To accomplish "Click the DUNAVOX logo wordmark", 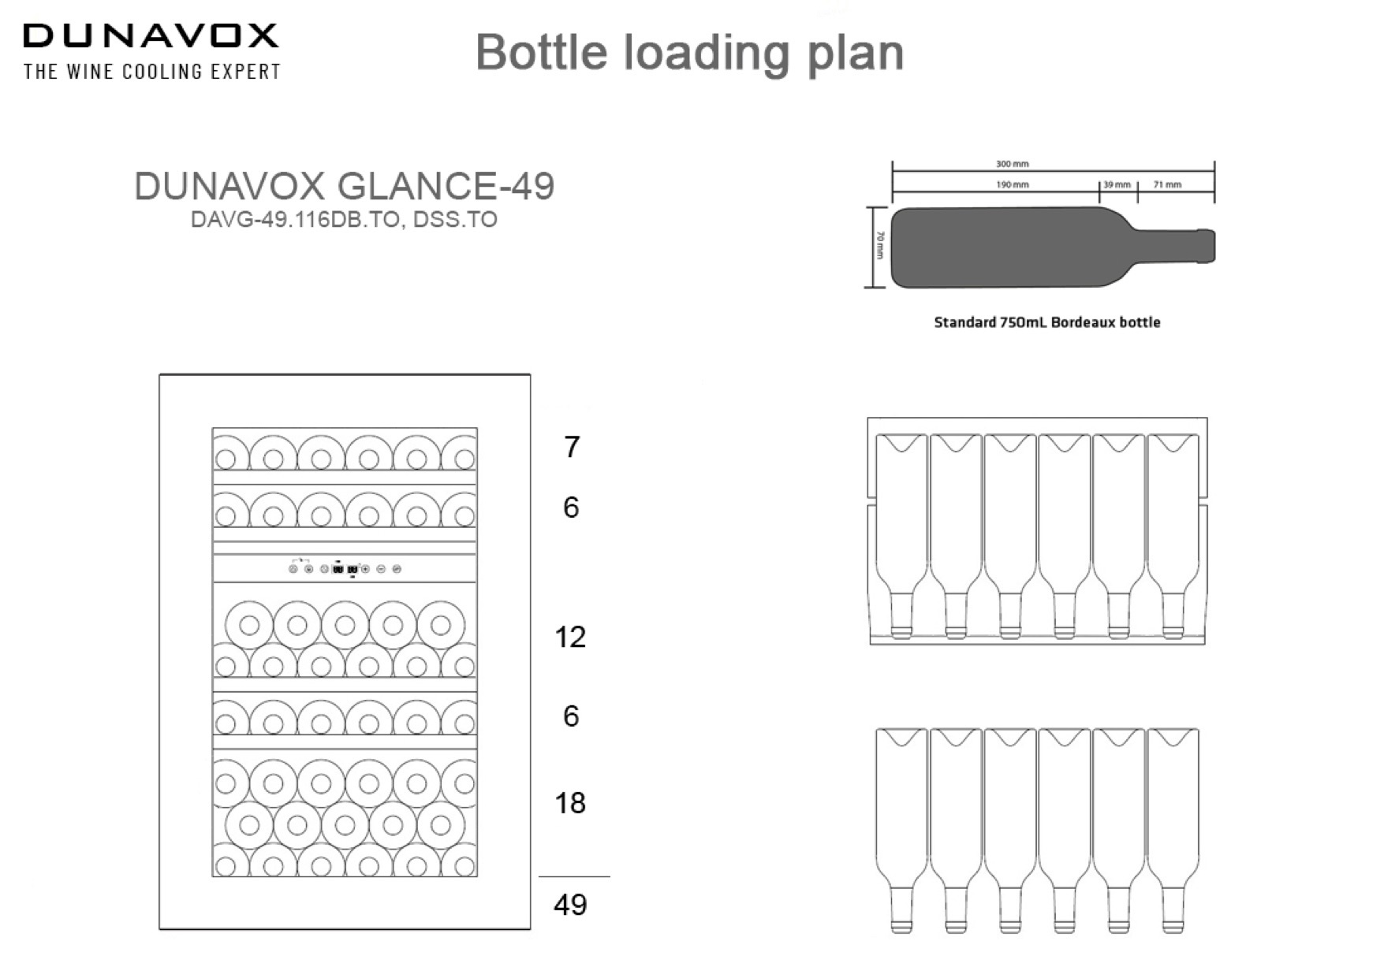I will tap(151, 35).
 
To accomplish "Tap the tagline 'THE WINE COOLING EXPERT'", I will tap(152, 72).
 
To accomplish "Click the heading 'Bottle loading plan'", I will tap(689, 53).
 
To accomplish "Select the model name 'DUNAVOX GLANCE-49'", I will tap(344, 187).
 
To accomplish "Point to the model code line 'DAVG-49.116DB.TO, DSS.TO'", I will tap(344, 219).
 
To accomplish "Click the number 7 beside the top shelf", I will tap(572, 448).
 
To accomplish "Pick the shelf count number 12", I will tap(570, 637).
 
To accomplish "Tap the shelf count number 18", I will tap(570, 803).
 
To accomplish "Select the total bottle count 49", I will tap(570, 905).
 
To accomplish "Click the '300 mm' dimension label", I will tap(1012, 164).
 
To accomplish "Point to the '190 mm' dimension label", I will tap(1012, 184).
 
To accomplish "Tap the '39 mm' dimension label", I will tap(1116, 184).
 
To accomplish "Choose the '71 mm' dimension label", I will tap(1167, 184).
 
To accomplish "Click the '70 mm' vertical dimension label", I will tap(881, 246).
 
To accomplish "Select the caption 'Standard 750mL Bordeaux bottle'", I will tap(1046, 322).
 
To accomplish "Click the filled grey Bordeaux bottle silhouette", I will tap(1025, 247).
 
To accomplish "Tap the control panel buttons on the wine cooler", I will tap(345, 568).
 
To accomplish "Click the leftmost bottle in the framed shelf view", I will tap(901, 536).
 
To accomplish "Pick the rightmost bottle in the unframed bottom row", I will tap(1173, 827).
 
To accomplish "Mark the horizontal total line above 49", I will tap(574, 876).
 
